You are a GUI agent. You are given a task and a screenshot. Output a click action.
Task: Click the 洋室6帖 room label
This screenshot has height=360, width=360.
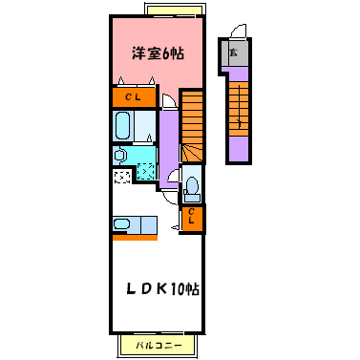pyautogui.click(x=158, y=53)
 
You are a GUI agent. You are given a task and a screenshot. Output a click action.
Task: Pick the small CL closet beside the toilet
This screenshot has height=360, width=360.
pyautogui.click(x=192, y=218)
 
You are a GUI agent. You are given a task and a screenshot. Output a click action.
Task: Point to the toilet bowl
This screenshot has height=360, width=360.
pyautogui.click(x=191, y=185)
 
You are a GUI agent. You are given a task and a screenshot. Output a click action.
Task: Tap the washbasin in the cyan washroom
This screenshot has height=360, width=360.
pyautogui.click(x=120, y=155)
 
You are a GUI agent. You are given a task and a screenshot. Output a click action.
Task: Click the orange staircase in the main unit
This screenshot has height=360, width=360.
pyautogui.click(x=193, y=124)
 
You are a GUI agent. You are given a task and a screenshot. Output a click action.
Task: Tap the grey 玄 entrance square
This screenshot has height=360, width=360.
pyautogui.click(x=234, y=53)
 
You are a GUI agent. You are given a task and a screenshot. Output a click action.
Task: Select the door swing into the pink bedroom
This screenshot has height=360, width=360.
pyautogui.click(x=169, y=102)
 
